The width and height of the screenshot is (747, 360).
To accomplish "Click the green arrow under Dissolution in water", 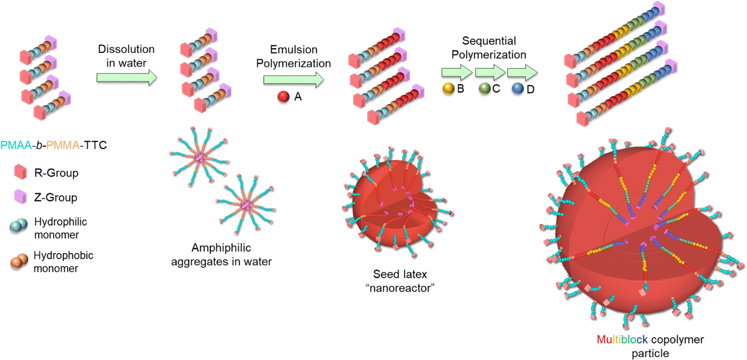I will point(127,78).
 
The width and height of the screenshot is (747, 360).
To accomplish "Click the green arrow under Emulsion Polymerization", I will point(294,80).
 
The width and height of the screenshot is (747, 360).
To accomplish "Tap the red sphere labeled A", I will point(283,97).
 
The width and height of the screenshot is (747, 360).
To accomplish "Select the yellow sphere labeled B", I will point(448,89).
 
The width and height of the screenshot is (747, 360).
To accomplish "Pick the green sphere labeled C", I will point(484,89).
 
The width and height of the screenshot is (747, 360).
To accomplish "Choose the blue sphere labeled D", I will point(518,89).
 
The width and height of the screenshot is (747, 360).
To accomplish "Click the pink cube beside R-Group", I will point(21,172).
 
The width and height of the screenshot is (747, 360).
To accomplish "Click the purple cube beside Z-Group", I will point(21,196).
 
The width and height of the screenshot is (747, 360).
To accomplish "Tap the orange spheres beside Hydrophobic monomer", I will point(19,261).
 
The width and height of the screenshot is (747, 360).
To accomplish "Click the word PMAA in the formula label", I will point(16,145).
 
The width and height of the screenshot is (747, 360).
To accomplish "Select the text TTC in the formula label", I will point(95,145).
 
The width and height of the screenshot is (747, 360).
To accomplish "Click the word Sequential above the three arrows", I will point(489,41).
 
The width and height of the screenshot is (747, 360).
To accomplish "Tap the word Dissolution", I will point(126,49).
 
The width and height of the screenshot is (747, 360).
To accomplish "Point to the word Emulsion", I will point(294,49).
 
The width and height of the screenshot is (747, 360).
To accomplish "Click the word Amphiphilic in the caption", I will point(221,248).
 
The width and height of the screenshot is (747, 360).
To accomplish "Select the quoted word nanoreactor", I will point(400,288).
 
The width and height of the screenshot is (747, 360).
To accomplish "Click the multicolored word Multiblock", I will point(622,339).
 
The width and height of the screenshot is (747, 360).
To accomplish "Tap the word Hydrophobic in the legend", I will point(63,255).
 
